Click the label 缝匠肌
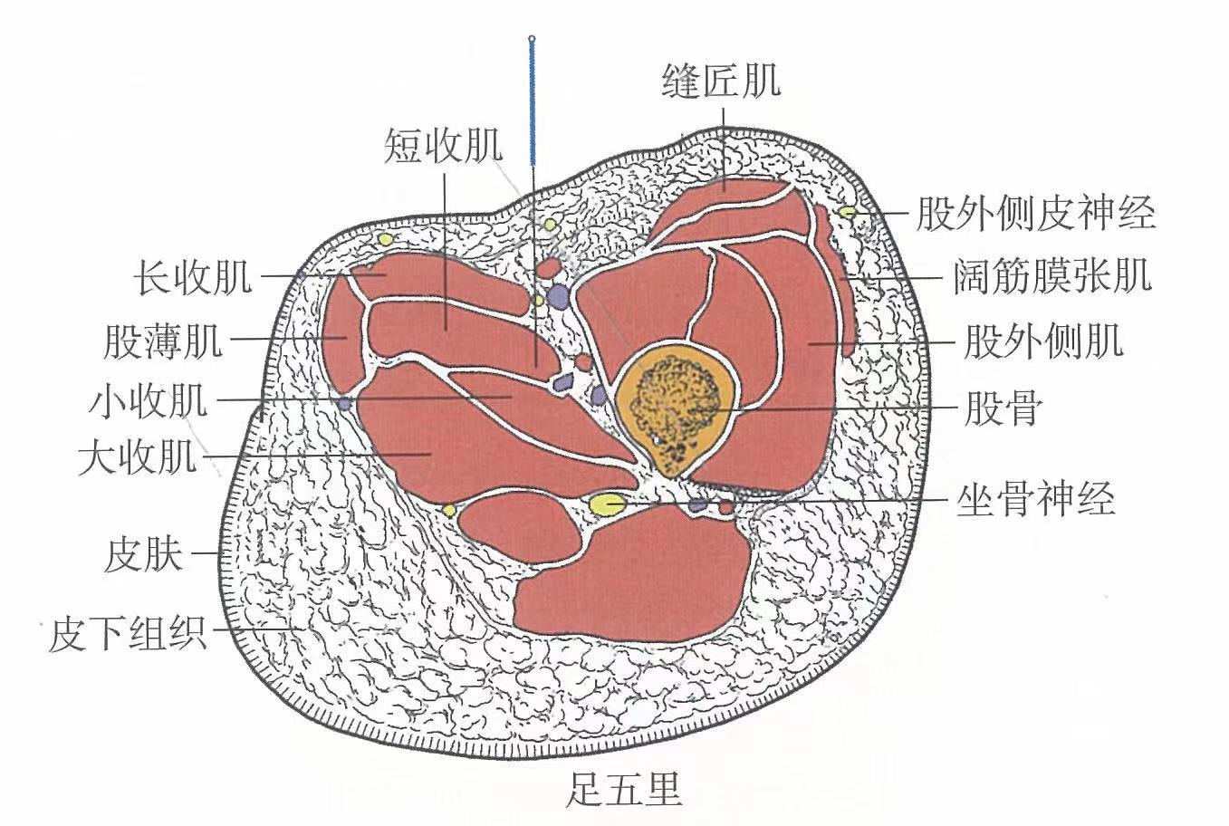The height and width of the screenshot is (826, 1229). click(721, 82)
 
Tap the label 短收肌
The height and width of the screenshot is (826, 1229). click(443, 146)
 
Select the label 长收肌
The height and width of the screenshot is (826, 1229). click(192, 276)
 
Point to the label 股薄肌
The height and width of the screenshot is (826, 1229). click(163, 341)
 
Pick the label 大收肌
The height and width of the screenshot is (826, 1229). click(137, 456)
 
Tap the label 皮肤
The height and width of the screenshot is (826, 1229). click(143, 553)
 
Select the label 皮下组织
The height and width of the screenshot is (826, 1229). click(127, 633)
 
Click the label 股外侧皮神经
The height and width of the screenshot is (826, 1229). click(1035, 214)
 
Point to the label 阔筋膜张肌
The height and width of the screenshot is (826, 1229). click(1051, 275)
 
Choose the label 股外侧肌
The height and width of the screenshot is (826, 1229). click(1042, 341)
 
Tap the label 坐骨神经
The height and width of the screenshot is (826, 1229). click(1035, 498)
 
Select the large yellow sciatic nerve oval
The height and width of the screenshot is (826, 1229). click(606, 503)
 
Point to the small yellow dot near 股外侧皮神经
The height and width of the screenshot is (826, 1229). click(847, 212)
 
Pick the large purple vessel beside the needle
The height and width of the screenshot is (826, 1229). click(559, 296)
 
